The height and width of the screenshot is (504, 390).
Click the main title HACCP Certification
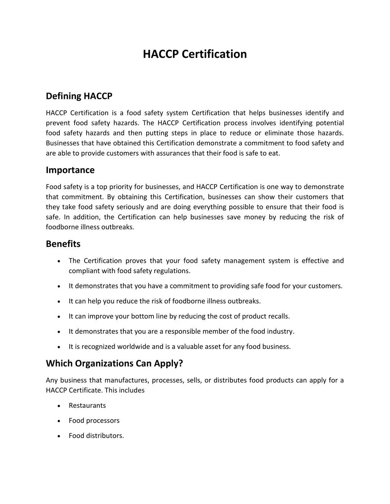pos(195,54)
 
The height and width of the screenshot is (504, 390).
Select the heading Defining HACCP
pos(79,96)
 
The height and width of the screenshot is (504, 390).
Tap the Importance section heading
pos(70,170)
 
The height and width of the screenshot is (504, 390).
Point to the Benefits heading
pos(63,244)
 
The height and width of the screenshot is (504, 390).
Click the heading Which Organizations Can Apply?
pos(114,363)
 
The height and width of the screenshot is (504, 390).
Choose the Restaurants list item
pos(87,405)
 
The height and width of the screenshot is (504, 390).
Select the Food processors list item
pos(94,421)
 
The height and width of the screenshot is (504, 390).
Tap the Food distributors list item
pos(96,436)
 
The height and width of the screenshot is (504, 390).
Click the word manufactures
pos(126,380)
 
